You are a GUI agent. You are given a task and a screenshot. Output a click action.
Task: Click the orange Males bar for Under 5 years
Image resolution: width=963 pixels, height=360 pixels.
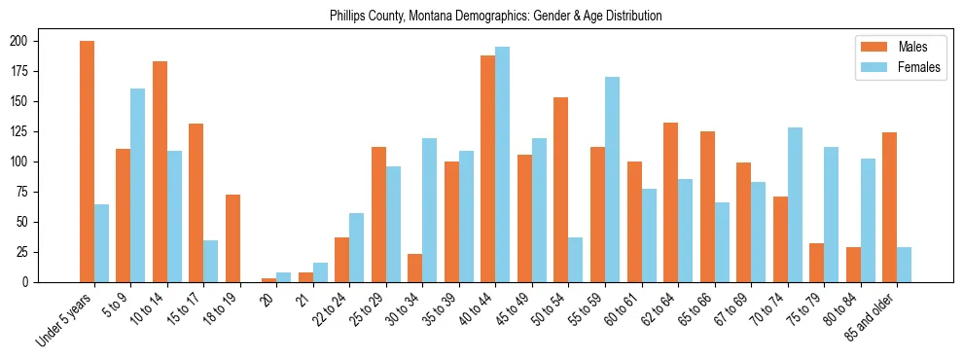point(87,162)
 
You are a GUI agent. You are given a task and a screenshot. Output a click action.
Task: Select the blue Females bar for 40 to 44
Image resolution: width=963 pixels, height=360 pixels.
point(503,164)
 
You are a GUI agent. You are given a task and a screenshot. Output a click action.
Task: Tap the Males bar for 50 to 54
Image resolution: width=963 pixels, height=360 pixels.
point(561,190)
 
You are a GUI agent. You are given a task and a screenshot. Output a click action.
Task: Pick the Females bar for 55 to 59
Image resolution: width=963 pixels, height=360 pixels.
point(612,179)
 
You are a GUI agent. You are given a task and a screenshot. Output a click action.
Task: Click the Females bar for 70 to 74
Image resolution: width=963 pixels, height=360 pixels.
point(795,204)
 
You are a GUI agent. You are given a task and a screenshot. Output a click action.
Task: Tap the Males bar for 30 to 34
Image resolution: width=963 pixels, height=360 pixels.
point(415,268)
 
